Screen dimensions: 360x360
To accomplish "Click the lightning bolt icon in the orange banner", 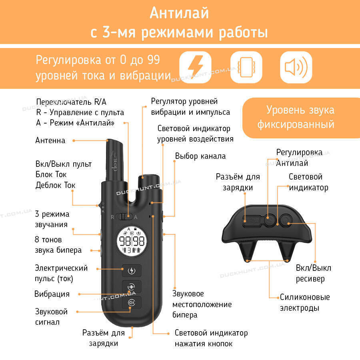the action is pyautogui.click(x=195, y=67).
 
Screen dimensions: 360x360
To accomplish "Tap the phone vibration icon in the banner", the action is pyautogui.click(x=246, y=67).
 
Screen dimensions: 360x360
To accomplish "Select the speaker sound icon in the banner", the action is pyautogui.click(x=296, y=67).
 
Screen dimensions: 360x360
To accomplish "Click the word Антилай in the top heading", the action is pyautogui.click(x=179, y=13).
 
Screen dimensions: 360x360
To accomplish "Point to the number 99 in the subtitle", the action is pyautogui.click(x=153, y=60).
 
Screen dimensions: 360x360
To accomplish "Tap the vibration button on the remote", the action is pyautogui.click(x=132, y=287).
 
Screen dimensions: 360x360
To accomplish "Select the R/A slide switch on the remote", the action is pyautogui.click(x=124, y=216).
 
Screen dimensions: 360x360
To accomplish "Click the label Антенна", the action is pyautogui.click(x=50, y=140).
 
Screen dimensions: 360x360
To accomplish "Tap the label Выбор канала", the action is pyautogui.click(x=200, y=156).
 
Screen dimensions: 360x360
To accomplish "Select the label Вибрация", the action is pyautogui.click(x=52, y=294).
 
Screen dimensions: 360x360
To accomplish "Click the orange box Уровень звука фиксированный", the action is pyautogui.click(x=301, y=118).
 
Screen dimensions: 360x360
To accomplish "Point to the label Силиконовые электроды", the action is pyautogui.click(x=305, y=303).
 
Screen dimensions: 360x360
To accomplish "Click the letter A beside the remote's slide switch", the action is pyautogui.click(x=136, y=217).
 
